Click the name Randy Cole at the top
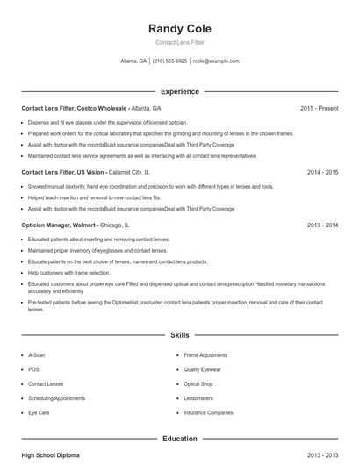point(180,29)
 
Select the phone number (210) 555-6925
point(170,61)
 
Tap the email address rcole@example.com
point(216,61)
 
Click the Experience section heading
point(180,91)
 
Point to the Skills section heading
point(180,335)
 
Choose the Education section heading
point(180,439)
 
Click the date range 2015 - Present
point(319,108)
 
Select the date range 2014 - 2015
point(322,173)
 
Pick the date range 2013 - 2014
point(322,225)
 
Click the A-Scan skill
point(37,355)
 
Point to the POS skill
point(33,370)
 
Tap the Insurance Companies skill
point(208,412)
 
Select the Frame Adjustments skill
point(205,355)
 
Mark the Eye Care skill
point(39,412)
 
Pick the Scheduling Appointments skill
point(57,398)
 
